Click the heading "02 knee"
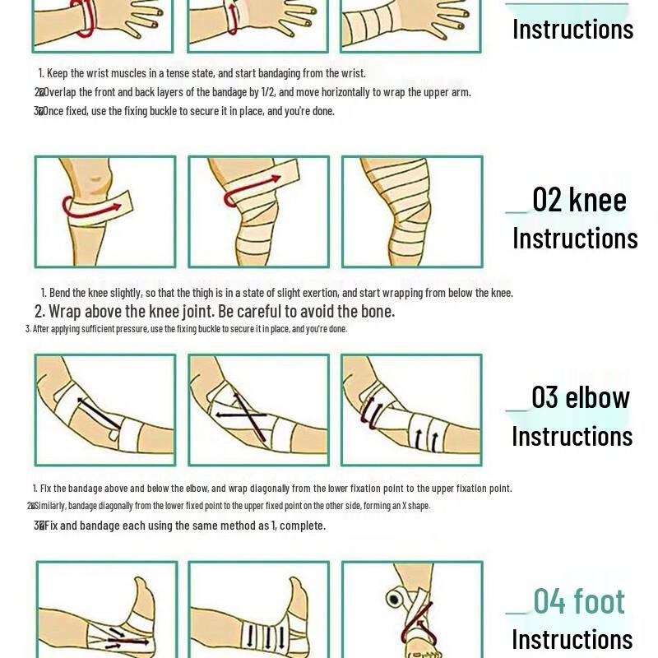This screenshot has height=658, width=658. (x=579, y=200)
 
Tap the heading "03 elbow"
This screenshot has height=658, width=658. (x=580, y=397)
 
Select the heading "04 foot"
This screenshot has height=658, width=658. (x=579, y=601)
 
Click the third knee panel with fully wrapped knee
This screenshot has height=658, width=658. (x=411, y=212)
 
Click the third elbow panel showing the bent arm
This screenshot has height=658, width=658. (x=411, y=410)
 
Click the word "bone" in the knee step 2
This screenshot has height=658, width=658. (x=378, y=312)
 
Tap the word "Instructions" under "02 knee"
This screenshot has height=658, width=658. (x=575, y=239)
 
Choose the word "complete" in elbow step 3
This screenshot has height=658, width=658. (x=302, y=526)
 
